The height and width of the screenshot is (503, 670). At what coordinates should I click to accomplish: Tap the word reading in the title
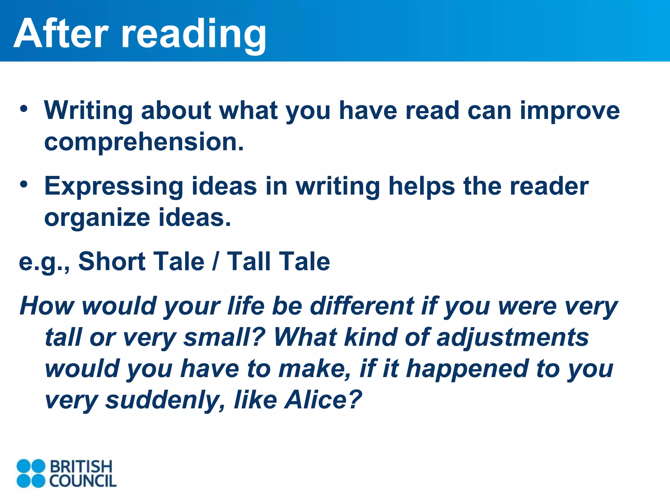click(x=194, y=35)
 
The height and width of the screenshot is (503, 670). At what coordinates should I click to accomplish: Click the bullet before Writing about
click(x=24, y=109)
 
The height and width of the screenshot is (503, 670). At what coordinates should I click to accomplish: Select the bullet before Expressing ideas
click(x=24, y=185)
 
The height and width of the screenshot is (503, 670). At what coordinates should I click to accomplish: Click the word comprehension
click(x=144, y=142)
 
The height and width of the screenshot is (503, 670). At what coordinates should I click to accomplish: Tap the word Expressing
click(x=114, y=187)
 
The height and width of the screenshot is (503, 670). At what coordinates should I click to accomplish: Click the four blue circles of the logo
click(x=31, y=473)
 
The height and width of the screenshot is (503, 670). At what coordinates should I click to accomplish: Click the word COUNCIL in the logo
click(x=83, y=481)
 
